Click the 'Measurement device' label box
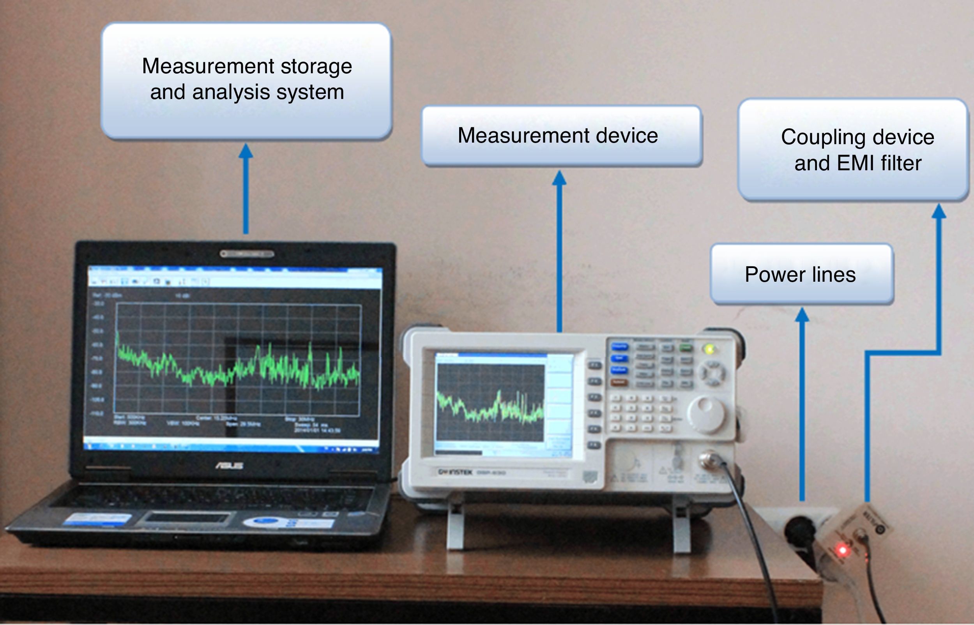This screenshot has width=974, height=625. [x=562, y=136]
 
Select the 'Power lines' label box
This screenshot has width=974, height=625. [x=801, y=274]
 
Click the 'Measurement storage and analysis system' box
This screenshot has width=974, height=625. [x=246, y=80]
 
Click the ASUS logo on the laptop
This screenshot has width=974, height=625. [x=230, y=466]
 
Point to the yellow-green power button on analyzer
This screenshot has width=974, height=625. [x=709, y=349]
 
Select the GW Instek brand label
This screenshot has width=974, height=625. [x=455, y=472]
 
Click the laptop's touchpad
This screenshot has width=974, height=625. [x=187, y=518]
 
